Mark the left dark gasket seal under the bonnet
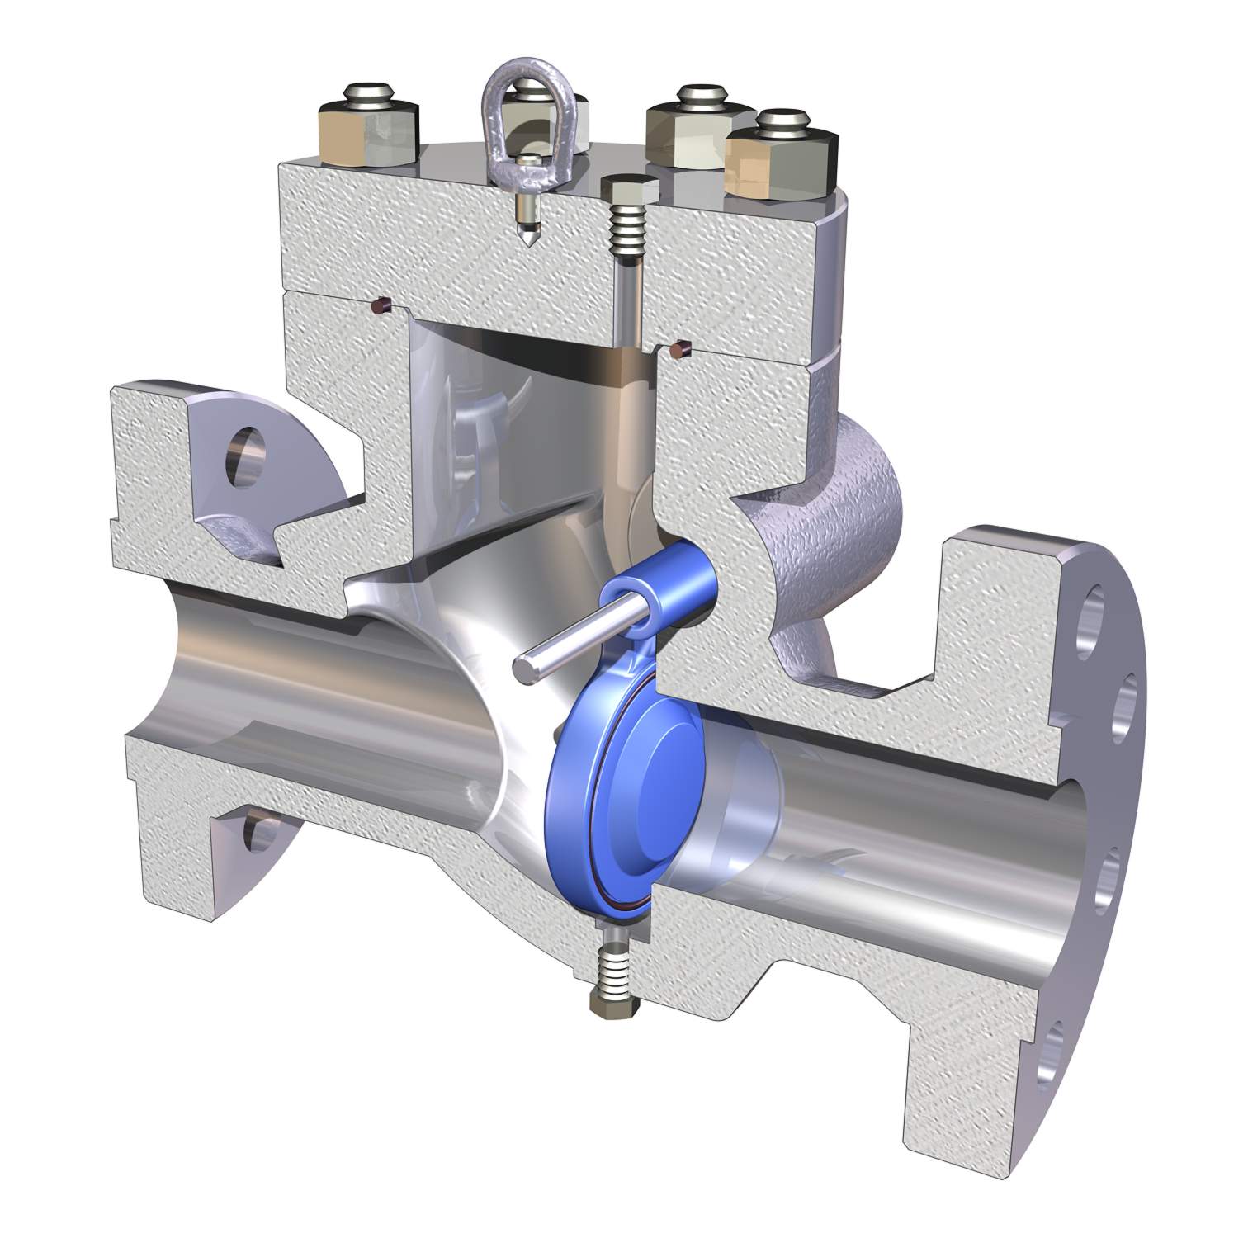point(381,307)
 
